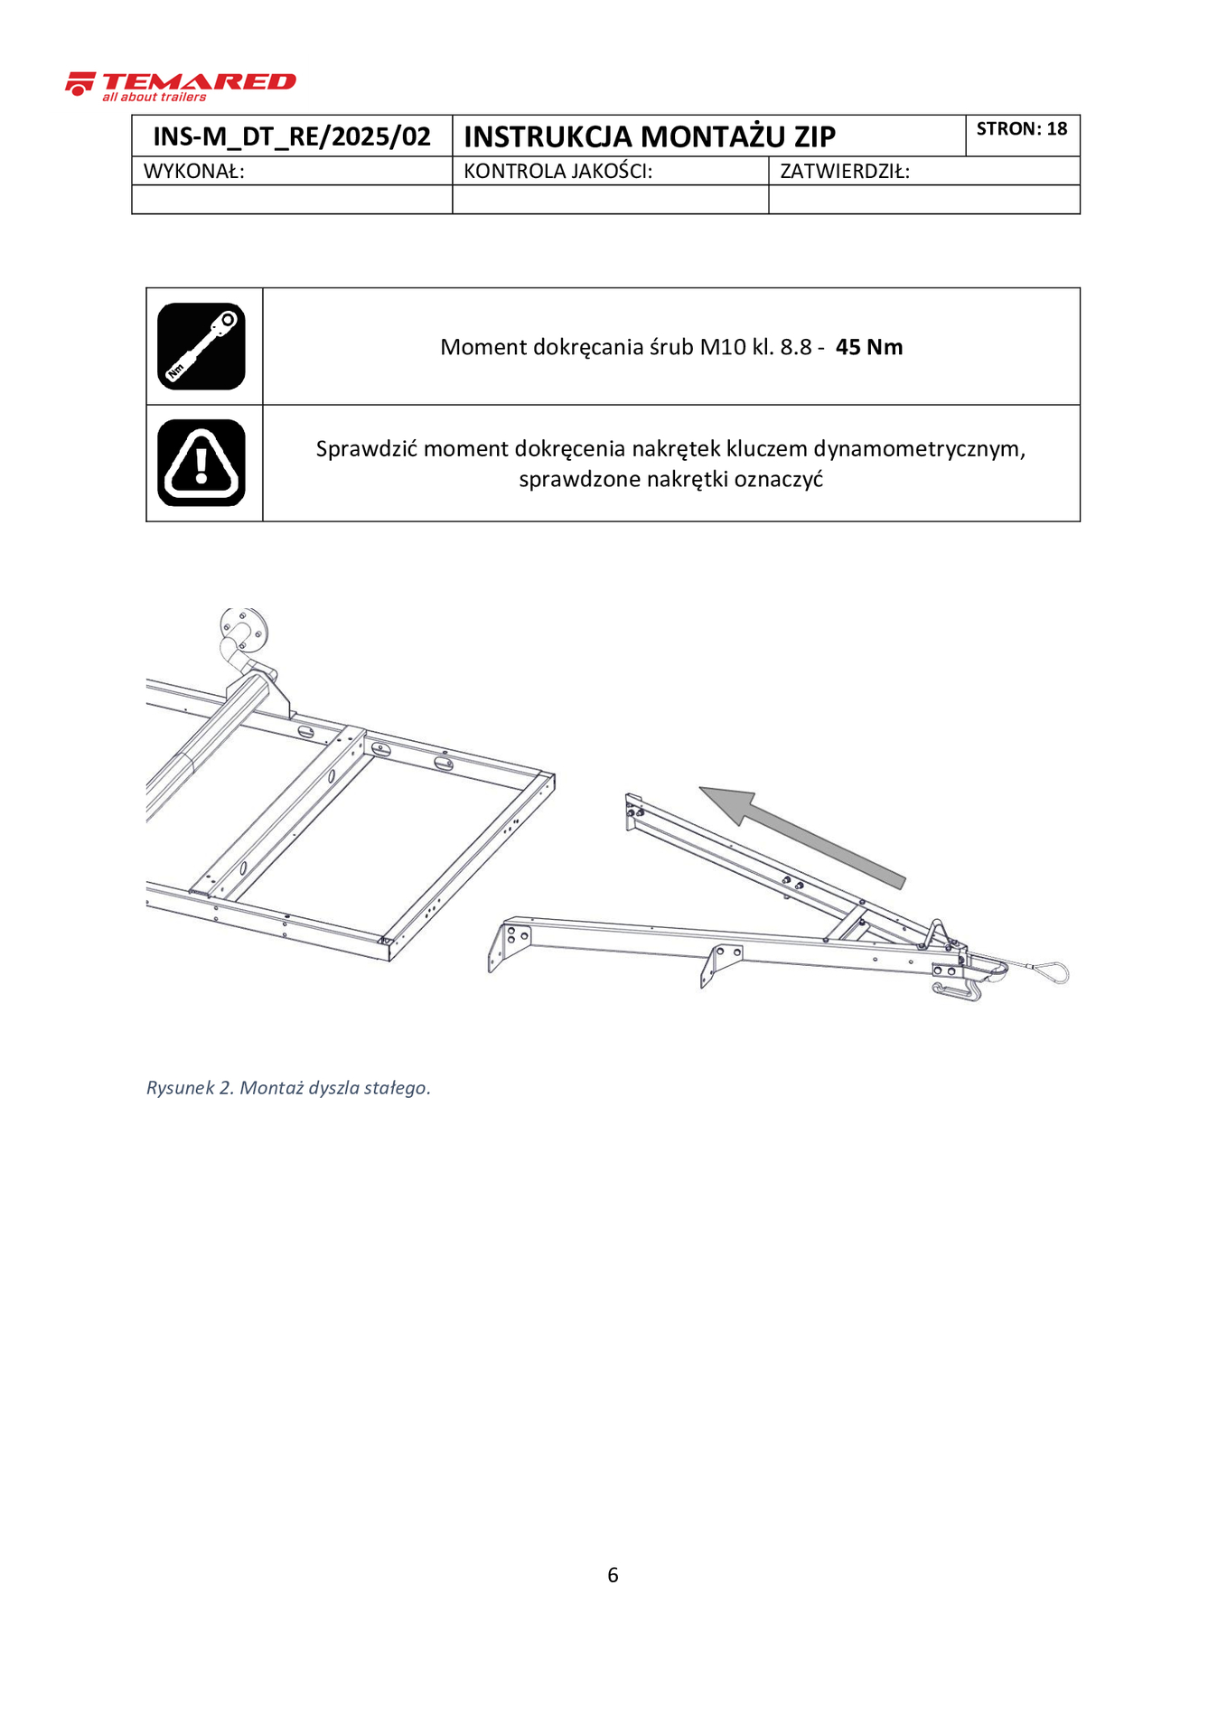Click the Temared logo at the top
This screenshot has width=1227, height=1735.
pos(181,86)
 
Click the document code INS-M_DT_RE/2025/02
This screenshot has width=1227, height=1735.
pos(291,136)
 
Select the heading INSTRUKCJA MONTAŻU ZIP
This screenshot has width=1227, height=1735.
pos(649,136)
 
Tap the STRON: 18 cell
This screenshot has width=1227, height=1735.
pos(1021,129)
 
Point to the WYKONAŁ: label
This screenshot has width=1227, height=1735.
pos(194,172)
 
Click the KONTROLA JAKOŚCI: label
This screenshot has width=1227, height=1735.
pos(557,172)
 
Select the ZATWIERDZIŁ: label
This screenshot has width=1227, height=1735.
pos(844,172)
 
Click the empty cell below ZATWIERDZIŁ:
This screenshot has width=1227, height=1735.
pos(923,200)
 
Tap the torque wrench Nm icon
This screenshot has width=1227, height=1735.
pos(201,346)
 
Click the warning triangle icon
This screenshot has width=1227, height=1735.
pos(201,463)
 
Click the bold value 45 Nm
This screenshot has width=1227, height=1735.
pos(868,348)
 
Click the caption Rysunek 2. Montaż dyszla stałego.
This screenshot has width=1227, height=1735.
pos(288,1088)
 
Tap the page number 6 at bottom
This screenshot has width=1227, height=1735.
pos(613,1575)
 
